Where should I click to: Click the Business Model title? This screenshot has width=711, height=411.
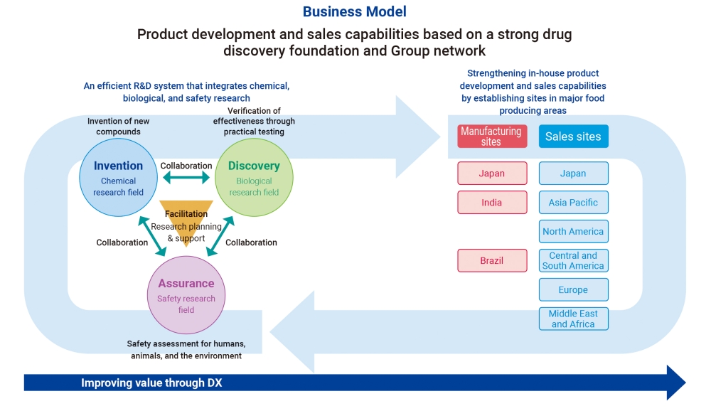(x=355, y=11)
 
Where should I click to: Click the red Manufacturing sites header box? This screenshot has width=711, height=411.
(x=491, y=137)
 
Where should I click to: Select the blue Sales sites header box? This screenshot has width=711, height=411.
(x=573, y=137)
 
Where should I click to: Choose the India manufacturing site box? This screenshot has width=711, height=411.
(x=491, y=203)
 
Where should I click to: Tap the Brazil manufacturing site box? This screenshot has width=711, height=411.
(x=491, y=261)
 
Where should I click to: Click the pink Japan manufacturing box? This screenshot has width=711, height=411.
(x=491, y=174)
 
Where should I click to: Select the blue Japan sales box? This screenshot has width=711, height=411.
(x=573, y=174)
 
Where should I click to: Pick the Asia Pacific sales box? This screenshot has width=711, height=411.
(x=573, y=203)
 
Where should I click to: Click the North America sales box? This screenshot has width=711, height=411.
(x=573, y=232)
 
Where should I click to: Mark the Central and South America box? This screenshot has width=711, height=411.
(x=573, y=261)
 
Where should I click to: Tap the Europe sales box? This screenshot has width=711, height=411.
(x=573, y=290)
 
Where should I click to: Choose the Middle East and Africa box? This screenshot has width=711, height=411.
(x=573, y=319)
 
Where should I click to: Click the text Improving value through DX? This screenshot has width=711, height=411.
(x=151, y=383)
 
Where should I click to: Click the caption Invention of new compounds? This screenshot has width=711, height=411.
(x=119, y=127)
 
